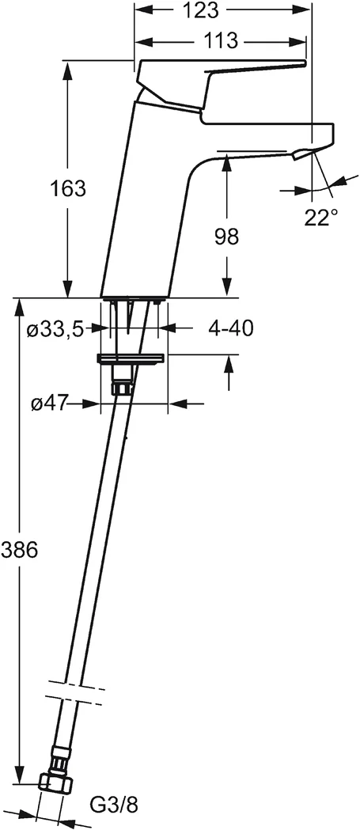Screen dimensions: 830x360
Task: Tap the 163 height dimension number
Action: coord(68,189)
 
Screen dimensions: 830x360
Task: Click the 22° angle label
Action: coord(321,218)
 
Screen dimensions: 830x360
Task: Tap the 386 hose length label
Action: coord(19,550)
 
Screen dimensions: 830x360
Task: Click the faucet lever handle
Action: coord(222,79)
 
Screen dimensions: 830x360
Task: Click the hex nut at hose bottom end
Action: coord(53,783)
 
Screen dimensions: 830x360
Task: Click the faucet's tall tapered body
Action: coord(146,198)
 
